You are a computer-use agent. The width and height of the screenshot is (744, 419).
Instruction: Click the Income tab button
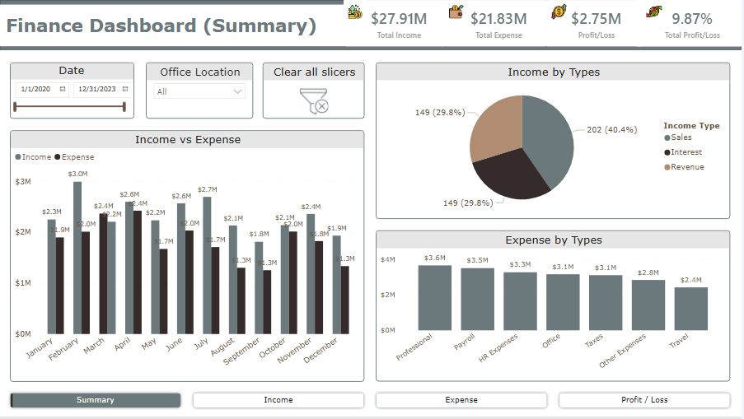tap(278, 400)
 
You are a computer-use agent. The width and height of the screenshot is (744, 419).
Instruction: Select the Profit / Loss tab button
tap(644, 400)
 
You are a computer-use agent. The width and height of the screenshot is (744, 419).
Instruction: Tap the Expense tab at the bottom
tap(461, 400)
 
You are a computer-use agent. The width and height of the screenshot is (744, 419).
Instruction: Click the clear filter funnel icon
tap(314, 100)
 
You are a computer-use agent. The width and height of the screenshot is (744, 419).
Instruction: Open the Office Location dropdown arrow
tap(238, 91)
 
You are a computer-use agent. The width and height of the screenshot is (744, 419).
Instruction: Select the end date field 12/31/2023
tap(96, 89)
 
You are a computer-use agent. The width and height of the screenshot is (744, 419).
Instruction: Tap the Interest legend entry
tap(686, 152)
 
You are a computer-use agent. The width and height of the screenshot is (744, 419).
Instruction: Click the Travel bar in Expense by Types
tap(690, 309)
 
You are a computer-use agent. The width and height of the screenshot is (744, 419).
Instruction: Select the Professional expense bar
tap(434, 297)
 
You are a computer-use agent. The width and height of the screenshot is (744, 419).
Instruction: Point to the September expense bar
tap(267, 301)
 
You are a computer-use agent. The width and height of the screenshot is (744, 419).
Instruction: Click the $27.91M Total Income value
tap(399, 18)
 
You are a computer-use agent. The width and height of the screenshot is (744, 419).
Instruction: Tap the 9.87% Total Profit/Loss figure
tap(691, 18)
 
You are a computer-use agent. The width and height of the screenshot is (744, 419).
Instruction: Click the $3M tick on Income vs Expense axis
tap(23, 181)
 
